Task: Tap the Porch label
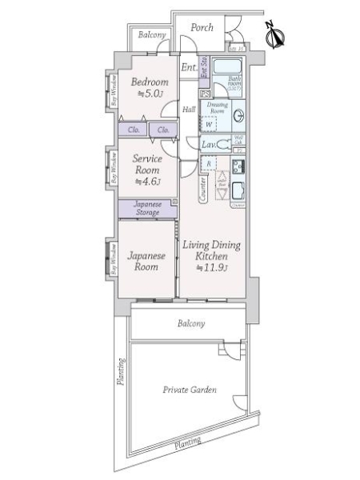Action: click(202, 27)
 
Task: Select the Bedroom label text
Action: click(150, 82)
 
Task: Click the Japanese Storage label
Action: click(147, 208)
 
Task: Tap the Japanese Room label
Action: click(147, 262)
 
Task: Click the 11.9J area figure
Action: click(214, 267)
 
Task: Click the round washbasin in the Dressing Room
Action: click(238, 114)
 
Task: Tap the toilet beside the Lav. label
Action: click(225, 146)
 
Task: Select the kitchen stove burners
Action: click(238, 168)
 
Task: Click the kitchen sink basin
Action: click(238, 192)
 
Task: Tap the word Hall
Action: click(189, 110)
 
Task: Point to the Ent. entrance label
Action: click(188, 67)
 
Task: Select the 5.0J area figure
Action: click(150, 94)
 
